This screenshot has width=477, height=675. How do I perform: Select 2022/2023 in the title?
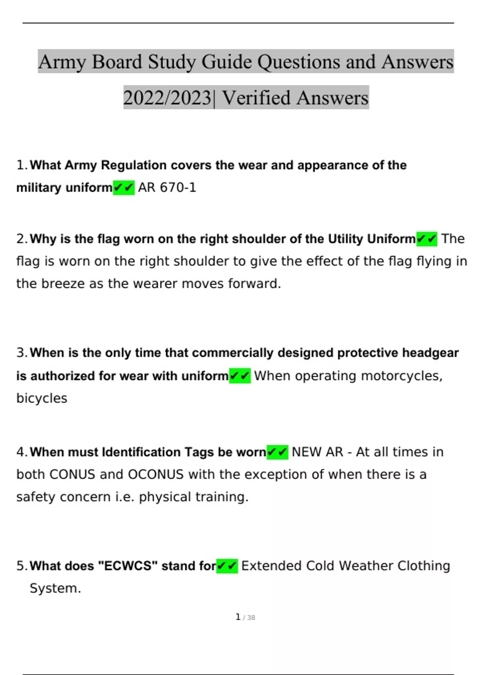167,98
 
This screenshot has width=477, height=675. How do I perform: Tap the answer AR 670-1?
167,187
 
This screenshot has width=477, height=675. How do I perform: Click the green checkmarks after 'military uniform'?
124,187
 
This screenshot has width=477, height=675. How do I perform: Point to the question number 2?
21,239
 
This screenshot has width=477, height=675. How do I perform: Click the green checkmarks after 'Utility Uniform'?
427,239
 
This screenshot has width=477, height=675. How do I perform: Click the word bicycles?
42,398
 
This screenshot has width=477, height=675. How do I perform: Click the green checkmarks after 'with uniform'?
240,376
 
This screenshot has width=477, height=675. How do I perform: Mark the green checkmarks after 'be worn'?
277,452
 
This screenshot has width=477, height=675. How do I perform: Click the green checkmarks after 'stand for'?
227,566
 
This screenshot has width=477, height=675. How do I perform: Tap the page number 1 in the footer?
238,617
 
